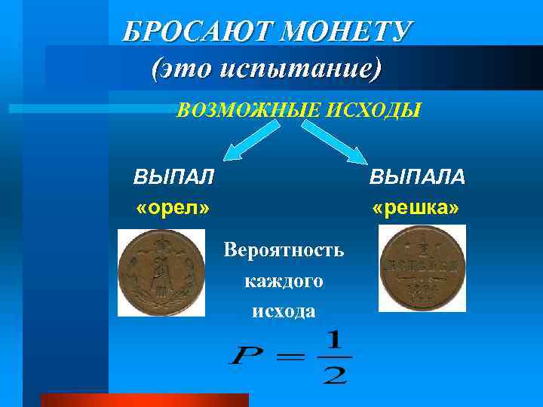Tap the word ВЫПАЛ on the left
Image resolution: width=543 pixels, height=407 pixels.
(173, 177)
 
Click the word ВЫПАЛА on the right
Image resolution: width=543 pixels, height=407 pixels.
(417, 177)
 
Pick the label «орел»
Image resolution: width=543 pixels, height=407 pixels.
(173, 207)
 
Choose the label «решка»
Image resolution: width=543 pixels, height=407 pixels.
(416, 207)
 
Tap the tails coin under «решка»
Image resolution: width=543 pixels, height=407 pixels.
(422, 268)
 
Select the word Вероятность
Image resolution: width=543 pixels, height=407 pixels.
(284, 250)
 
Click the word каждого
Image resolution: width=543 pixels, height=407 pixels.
(284, 281)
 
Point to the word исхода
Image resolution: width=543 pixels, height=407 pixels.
(284, 311)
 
